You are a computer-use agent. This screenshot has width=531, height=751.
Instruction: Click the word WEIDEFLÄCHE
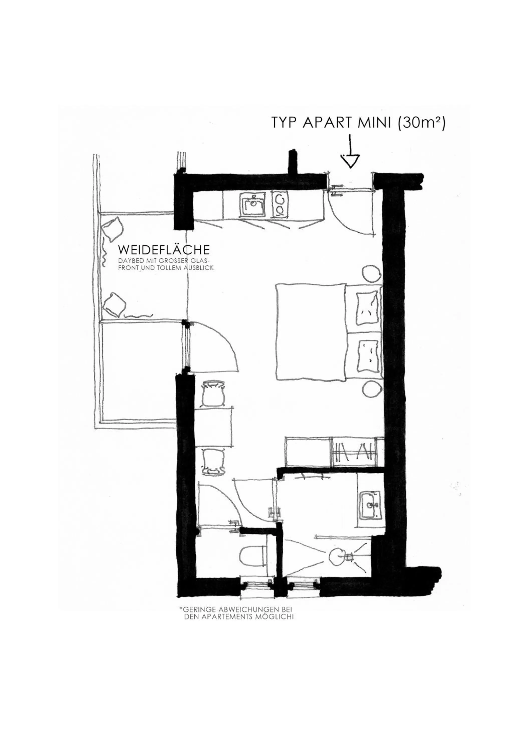(164, 250)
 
